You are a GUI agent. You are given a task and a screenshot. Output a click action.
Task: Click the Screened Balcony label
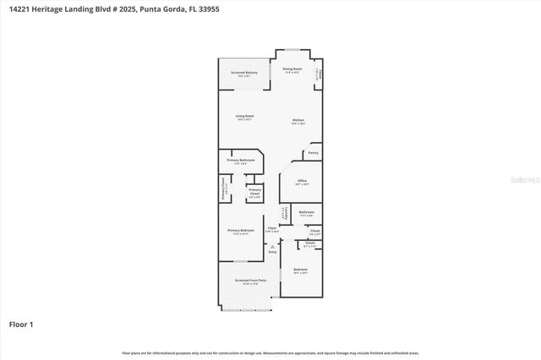tap(244, 73)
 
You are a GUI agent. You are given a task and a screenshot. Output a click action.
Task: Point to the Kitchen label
tap(298, 121)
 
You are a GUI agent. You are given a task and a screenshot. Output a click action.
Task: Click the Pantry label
tap(313, 153)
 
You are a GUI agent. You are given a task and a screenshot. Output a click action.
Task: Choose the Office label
tap(301, 180)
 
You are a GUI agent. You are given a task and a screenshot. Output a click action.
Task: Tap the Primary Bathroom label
tap(240, 160)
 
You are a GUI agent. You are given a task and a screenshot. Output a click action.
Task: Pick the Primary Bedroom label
tap(241, 230)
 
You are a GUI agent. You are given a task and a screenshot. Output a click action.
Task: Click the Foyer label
tap(273, 226)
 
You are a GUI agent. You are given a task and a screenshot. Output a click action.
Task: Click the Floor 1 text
tap(20, 324)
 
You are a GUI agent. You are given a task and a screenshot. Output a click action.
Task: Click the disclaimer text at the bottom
tap(270, 352)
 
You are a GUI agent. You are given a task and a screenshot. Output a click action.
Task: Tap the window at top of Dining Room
tap(291, 51)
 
